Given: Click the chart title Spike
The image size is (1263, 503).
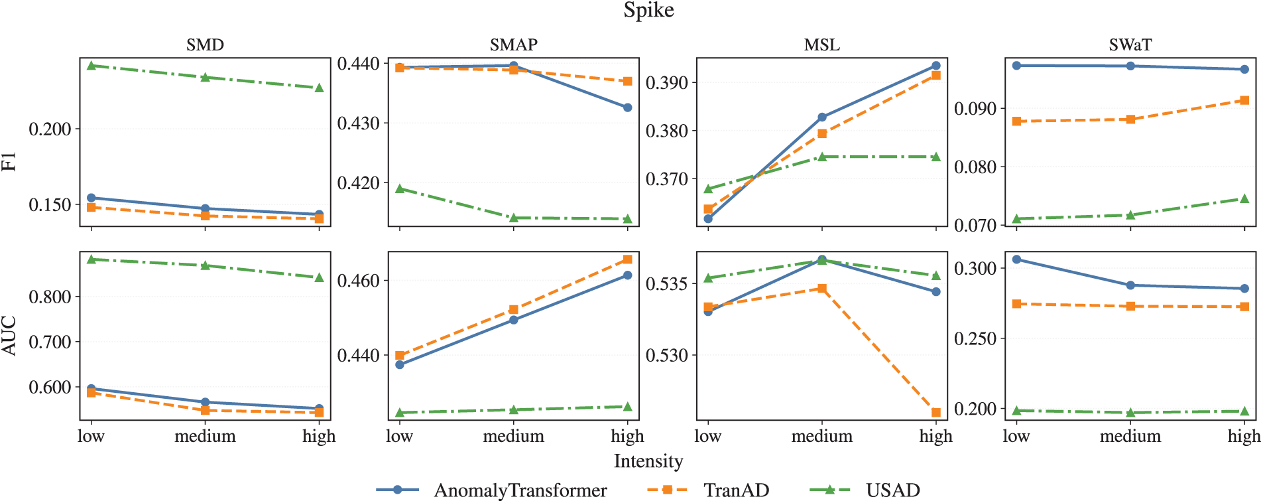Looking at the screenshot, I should (x=648, y=11).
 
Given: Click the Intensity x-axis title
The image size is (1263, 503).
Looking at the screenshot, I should (x=648, y=461).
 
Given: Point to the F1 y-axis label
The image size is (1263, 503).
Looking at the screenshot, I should (x=9, y=161).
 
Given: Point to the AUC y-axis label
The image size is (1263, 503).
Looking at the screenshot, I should (x=9, y=336).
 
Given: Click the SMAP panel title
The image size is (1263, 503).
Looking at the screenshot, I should (x=513, y=45).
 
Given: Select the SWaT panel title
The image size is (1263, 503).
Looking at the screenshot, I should (x=1130, y=45).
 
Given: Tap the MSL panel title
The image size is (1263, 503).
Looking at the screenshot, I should (x=821, y=45).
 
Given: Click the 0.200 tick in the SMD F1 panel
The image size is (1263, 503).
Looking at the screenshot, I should (x=50, y=129).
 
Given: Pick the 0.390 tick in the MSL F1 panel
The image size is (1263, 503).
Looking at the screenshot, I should (x=666, y=83).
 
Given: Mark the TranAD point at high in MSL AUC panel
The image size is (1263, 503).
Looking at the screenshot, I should (x=936, y=413).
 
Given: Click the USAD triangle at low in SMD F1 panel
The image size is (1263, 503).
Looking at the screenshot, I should (x=91, y=66).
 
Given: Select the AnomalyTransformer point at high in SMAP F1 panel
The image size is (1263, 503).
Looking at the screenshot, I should (x=627, y=108).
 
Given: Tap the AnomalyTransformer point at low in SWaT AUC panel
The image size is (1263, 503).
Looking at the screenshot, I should (x=1016, y=259).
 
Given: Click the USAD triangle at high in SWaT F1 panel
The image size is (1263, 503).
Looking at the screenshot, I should (x=1244, y=199).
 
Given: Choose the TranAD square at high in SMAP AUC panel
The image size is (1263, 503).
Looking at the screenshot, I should (x=627, y=259).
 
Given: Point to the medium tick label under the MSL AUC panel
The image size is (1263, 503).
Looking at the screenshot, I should (x=821, y=437).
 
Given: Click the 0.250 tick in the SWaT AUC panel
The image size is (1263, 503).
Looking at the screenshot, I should (x=975, y=339).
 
